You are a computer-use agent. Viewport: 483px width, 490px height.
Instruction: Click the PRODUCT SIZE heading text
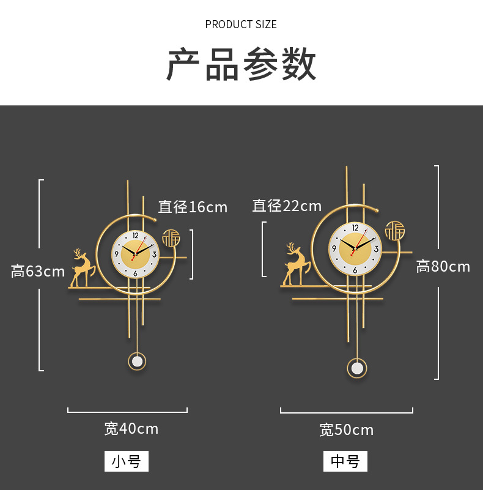241,24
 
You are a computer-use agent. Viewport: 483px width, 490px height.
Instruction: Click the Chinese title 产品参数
242,64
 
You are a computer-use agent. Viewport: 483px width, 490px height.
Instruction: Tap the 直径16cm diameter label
193,207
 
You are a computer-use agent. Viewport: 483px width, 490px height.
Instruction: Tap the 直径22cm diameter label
287,206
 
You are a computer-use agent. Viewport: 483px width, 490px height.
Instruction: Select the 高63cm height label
38,271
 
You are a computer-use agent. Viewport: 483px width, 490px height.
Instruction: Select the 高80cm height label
443,266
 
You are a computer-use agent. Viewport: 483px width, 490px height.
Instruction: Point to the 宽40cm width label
131,428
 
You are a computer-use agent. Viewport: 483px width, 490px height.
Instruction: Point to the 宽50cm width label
346,429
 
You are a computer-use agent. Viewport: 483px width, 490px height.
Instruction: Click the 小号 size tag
127,461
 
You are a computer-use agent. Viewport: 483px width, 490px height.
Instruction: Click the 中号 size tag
345,461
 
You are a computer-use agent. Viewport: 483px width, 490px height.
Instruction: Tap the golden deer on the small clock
82,269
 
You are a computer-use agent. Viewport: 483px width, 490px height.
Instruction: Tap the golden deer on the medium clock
295,265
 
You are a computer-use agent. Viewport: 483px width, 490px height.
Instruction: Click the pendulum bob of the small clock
137,361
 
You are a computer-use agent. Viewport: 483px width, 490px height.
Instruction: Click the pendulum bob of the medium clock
357,368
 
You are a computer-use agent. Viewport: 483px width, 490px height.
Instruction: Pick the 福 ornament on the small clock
171,237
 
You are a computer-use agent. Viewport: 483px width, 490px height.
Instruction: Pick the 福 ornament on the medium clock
394,231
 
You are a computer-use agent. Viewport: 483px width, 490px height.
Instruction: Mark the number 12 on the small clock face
135,236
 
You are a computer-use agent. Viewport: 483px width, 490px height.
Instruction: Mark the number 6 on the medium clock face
355,269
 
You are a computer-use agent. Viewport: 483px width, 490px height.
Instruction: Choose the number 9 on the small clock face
116,254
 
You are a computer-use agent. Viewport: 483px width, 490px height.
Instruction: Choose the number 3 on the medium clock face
376,248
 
